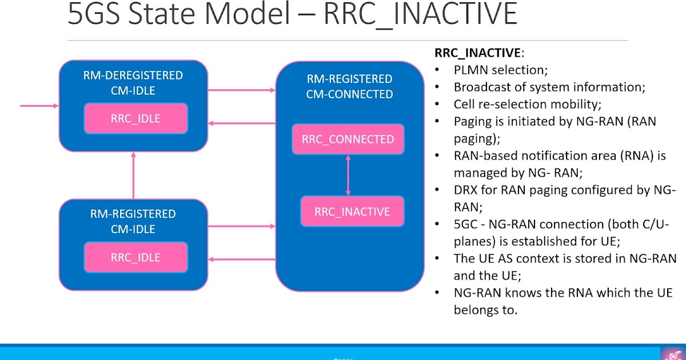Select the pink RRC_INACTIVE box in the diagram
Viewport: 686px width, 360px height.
(x=352, y=211)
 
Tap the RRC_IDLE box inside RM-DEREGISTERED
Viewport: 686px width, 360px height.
(x=135, y=119)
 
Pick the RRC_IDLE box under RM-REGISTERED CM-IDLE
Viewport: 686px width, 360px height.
(x=135, y=257)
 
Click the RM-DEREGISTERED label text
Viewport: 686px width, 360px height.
(x=133, y=75)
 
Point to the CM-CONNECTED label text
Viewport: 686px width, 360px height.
(x=349, y=94)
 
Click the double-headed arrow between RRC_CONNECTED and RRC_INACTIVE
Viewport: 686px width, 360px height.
(x=348, y=175)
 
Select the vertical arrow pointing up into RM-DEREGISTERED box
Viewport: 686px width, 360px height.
(x=134, y=175)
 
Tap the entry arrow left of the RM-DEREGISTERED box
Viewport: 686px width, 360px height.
(x=39, y=106)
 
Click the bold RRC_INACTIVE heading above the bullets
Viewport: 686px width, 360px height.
(x=477, y=53)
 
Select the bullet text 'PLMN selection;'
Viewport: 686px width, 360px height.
(x=501, y=70)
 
